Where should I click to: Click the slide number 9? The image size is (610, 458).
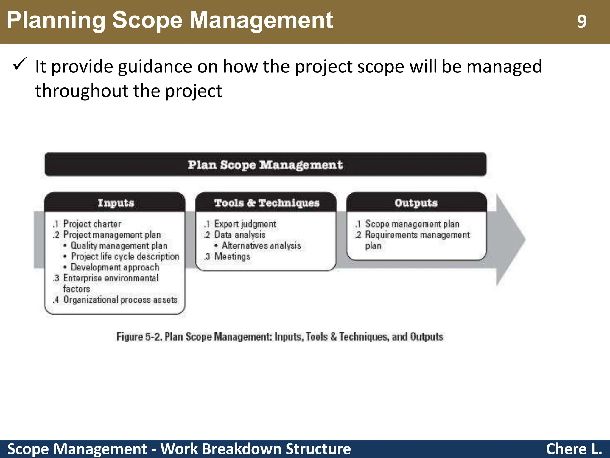[581, 21]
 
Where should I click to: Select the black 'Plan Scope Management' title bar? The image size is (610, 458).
[265, 165]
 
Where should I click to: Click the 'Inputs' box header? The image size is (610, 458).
[116, 203]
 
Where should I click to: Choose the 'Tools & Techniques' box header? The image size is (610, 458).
[267, 203]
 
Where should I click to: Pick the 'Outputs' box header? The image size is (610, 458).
[416, 203]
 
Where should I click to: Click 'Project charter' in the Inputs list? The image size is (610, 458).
[92, 224]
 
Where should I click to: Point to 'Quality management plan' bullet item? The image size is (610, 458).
[119, 245]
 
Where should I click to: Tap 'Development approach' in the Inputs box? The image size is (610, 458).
[115, 267]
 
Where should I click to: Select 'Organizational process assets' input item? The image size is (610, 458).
[120, 300]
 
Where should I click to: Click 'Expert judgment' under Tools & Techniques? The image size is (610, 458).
[245, 224]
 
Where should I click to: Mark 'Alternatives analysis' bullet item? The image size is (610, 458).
[261, 245]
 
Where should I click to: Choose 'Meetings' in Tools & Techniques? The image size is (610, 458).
[232, 256]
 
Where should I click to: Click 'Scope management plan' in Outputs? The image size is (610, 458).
[412, 224]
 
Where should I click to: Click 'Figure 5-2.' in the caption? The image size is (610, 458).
[139, 337]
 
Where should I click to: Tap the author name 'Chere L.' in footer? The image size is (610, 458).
[574, 449]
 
